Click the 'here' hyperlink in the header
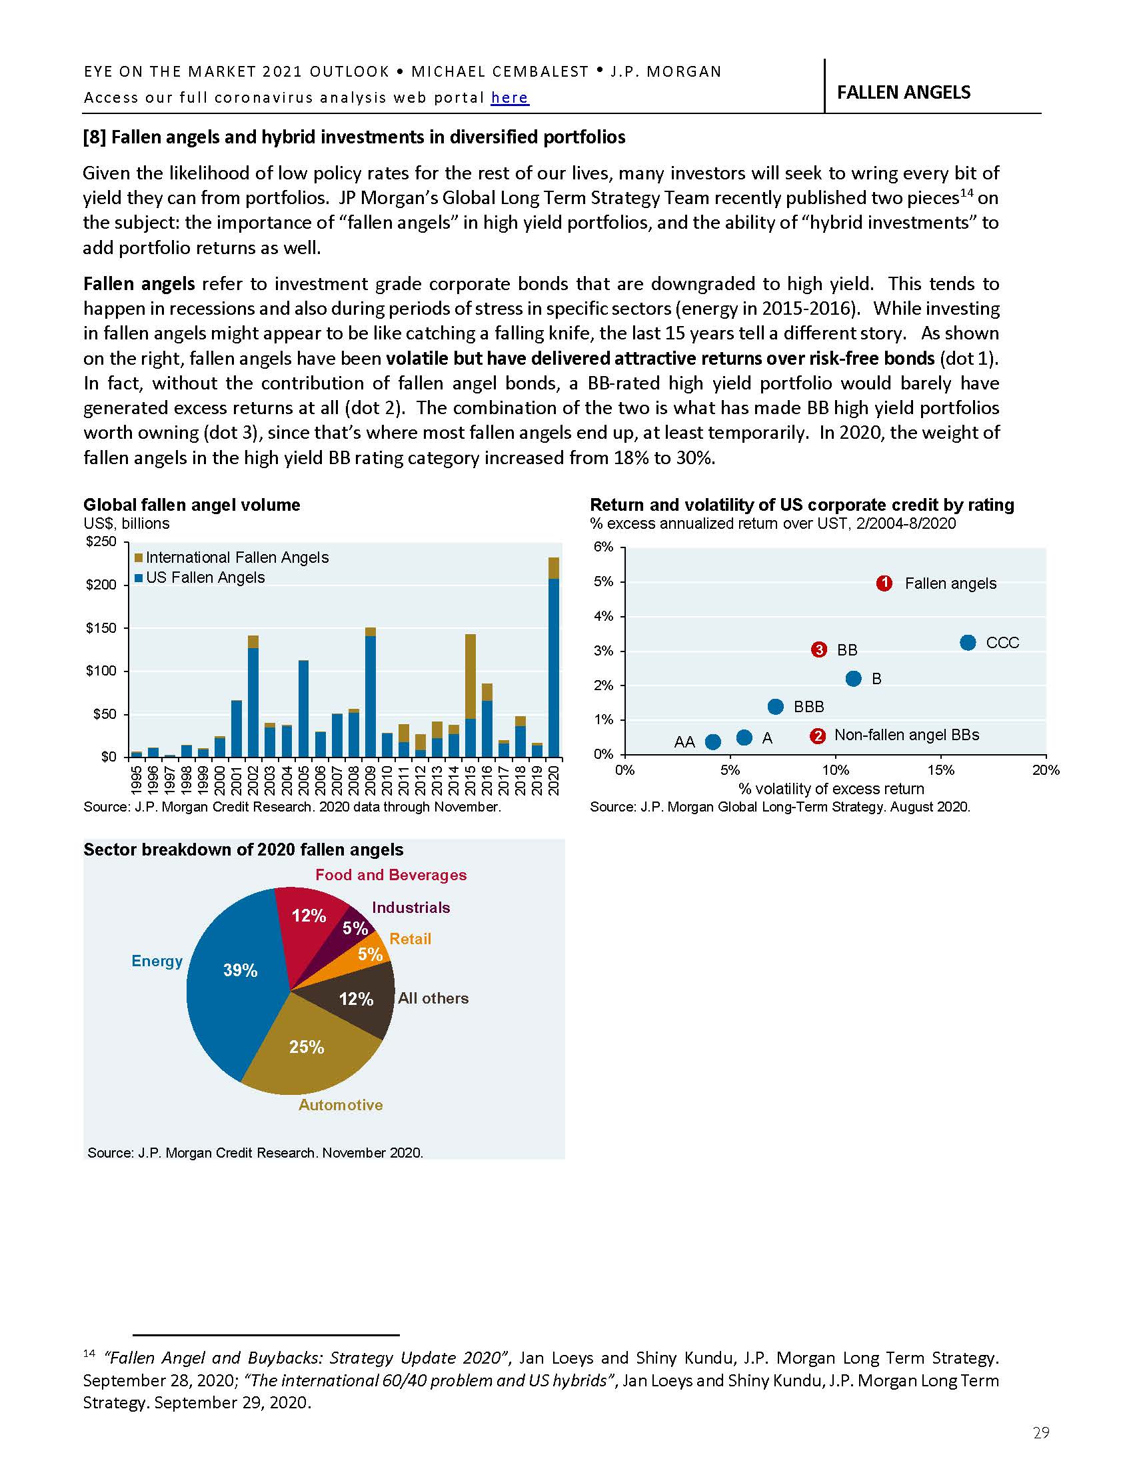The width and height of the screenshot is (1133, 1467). pos(509,98)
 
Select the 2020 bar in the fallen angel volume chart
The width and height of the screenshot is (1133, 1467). pos(554,665)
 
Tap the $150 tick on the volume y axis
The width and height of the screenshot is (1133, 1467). pos(101,629)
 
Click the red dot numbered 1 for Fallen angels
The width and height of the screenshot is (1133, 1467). pos(884,583)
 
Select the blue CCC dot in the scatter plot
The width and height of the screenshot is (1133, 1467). pos(967,643)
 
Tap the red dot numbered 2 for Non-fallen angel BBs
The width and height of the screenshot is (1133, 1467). pos(817,736)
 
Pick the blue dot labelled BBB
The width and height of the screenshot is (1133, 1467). pos(775,707)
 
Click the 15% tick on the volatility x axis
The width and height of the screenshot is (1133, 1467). pos(940,770)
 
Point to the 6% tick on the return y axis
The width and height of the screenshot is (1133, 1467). pos(603,547)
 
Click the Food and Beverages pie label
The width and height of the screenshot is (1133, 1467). pos(391,876)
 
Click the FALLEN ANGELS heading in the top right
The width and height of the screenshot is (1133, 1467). pos(904,93)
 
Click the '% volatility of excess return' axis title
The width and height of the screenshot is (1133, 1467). pos(831,789)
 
